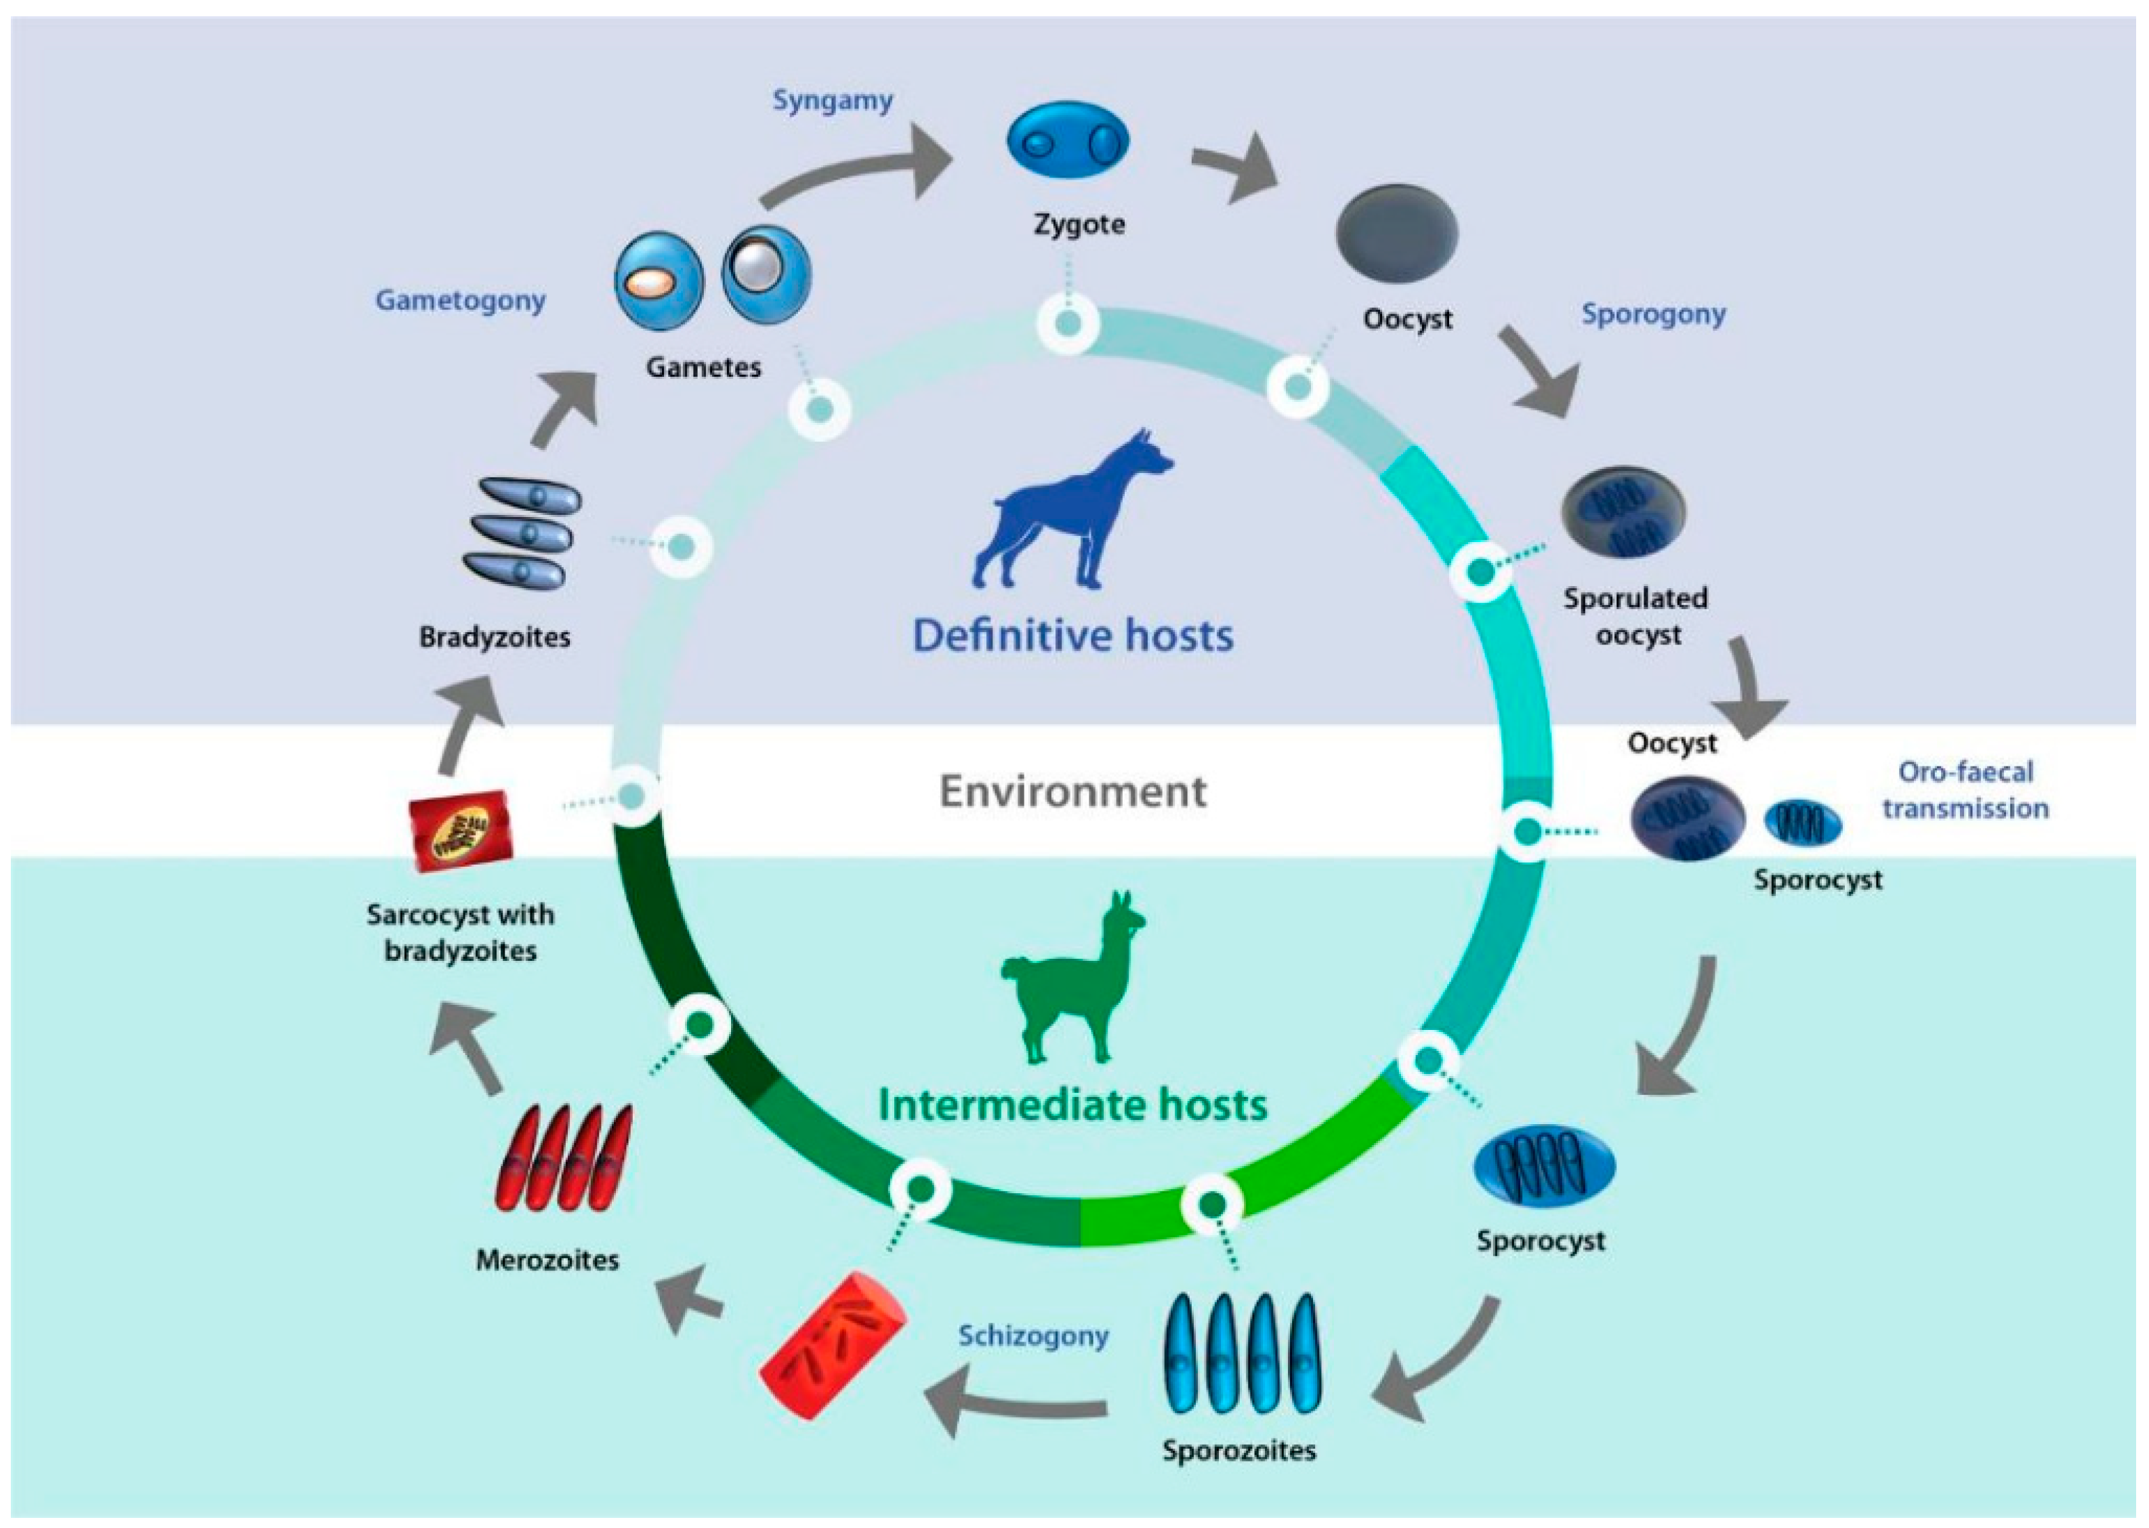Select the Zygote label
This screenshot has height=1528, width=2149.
tap(1079, 224)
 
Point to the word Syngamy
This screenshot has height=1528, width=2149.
tap(833, 100)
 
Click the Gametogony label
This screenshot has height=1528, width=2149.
tap(460, 300)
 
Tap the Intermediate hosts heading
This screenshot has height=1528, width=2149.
tap(1072, 1104)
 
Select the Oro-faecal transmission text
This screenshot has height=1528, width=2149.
tap(1965, 790)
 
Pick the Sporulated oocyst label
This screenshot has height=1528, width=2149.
tap(1636, 616)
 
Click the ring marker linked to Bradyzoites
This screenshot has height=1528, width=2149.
tap(682, 545)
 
